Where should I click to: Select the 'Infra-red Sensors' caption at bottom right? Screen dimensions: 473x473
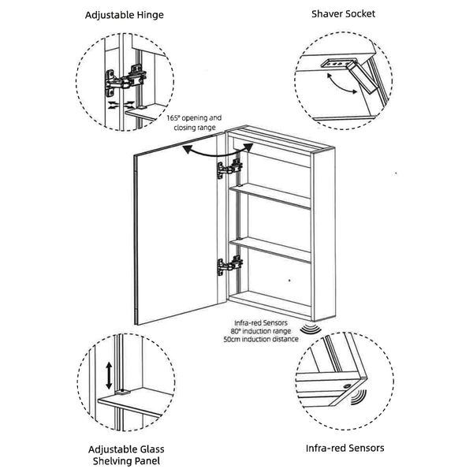tap(345, 449)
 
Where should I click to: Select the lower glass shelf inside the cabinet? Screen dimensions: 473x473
tap(272, 250)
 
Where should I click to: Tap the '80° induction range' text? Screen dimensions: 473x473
tap(263, 330)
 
